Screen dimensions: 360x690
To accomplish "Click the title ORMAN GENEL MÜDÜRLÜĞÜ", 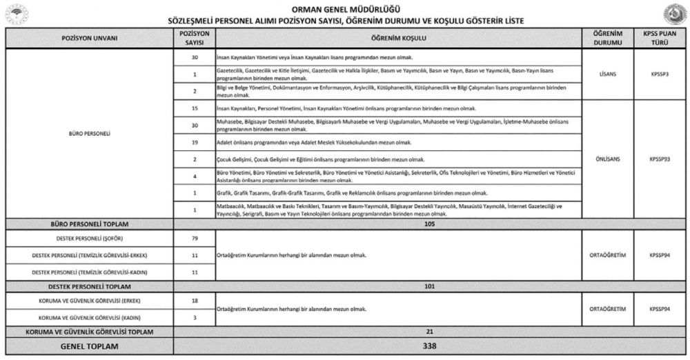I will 345,9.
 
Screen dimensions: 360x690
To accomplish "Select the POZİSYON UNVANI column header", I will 90,38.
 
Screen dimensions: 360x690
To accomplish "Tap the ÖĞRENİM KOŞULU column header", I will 396,38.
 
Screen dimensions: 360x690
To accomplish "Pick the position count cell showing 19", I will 195,142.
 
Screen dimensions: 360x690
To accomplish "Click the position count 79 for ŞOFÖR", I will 195,239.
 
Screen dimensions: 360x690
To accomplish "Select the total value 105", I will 430,224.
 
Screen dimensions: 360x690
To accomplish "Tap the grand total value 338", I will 430,346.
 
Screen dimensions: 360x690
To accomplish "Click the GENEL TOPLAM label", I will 90,346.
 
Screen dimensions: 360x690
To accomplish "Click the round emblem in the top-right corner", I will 675,14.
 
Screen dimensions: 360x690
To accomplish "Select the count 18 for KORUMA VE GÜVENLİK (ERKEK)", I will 195,301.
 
